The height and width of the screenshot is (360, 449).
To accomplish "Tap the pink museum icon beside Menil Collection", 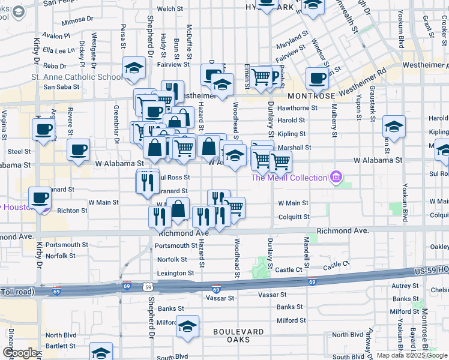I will [x=336, y=177].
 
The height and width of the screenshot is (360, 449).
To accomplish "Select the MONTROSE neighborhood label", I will [x=311, y=96].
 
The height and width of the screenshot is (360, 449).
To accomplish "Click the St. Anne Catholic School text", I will [x=77, y=77].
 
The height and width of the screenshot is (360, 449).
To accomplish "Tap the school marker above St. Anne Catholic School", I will [x=134, y=68].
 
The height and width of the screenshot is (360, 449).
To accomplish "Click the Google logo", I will [x=20, y=353].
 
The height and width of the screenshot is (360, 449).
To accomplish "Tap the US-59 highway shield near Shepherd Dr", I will [x=148, y=287].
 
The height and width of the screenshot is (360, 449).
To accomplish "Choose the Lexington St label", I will [x=175, y=273].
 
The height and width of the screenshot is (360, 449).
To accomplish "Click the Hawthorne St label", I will [x=297, y=108].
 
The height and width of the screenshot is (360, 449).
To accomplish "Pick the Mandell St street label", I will [x=306, y=252].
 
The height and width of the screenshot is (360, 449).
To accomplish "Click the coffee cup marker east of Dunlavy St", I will [x=316, y=77].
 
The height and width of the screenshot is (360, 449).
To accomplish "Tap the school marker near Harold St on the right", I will [x=394, y=127].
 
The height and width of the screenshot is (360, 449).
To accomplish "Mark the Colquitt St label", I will [x=294, y=217].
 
